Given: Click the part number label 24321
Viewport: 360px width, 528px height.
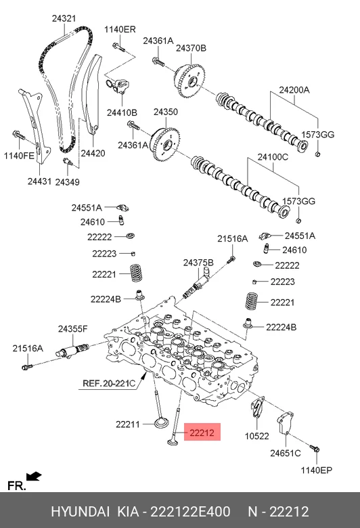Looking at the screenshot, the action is pos(64,18).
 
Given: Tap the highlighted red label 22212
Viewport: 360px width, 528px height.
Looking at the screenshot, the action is pos(202,433).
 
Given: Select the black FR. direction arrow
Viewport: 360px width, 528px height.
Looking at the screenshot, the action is pos(34,476).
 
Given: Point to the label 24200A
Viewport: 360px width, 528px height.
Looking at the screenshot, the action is pos(294,90).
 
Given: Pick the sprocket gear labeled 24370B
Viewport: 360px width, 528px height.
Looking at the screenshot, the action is pos(189,79).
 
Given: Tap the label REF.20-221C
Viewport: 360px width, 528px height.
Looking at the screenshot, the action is pos(109,383).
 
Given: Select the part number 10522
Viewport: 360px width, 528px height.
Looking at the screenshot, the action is pos(256,436).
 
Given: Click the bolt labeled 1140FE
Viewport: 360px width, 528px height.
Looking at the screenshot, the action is pos(18,135).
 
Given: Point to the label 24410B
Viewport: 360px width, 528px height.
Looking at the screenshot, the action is pos(122,112).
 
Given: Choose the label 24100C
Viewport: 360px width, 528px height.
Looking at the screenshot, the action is pos(273,157).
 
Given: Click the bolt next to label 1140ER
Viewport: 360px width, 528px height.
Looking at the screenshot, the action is pos(118,47).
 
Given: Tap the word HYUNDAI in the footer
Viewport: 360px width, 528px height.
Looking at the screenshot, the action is pos(80,512).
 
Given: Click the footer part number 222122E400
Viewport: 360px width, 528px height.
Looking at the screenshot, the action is pos(190,512).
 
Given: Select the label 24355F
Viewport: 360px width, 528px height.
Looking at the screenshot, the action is pos(72,329).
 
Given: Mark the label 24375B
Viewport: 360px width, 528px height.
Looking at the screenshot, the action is pos(198,263).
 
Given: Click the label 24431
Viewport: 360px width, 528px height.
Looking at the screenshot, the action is pos(39,181).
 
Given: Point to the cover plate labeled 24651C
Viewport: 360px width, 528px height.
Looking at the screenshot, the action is pos(285,422).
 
